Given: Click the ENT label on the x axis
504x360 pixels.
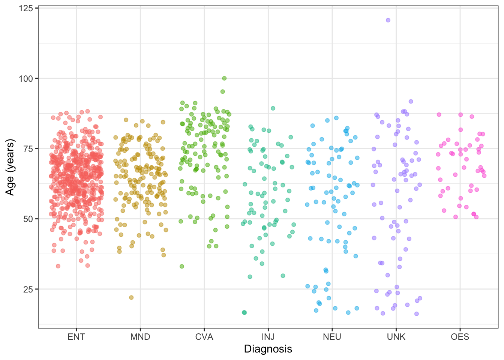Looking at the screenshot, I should click(x=76, y=337).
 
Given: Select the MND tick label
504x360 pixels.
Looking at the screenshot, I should click(x=140, y=337).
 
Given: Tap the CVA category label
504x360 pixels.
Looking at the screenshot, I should click(x=204, y=337).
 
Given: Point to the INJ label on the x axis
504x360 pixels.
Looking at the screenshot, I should click(x=268, y=337).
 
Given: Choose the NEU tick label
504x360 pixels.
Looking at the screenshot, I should click(x=332, y=337).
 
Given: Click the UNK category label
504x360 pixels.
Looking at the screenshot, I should click(x=396, y=337).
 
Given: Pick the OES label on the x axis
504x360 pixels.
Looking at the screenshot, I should click(x=460, y=337).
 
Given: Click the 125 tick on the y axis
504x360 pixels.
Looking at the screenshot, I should click(x=26, y=8).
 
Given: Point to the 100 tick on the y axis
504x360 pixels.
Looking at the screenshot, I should click(x=26, y=78).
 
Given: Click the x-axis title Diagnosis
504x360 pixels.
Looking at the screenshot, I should click(x=268, y=349).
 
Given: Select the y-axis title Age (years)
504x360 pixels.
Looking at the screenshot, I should click(x=10, y=167).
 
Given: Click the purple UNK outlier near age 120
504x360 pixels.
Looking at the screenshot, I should click(x=388, y=20).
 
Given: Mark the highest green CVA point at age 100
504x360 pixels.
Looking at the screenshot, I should click(x=224, y=78).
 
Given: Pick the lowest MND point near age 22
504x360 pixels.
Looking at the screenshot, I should click(x=131, y=297).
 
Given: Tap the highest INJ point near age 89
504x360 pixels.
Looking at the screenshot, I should click(x=273, y=108).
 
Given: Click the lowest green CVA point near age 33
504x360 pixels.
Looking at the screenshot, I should click(x=182, y=266).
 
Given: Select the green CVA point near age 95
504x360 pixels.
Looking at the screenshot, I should click(x=222, y=91).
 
